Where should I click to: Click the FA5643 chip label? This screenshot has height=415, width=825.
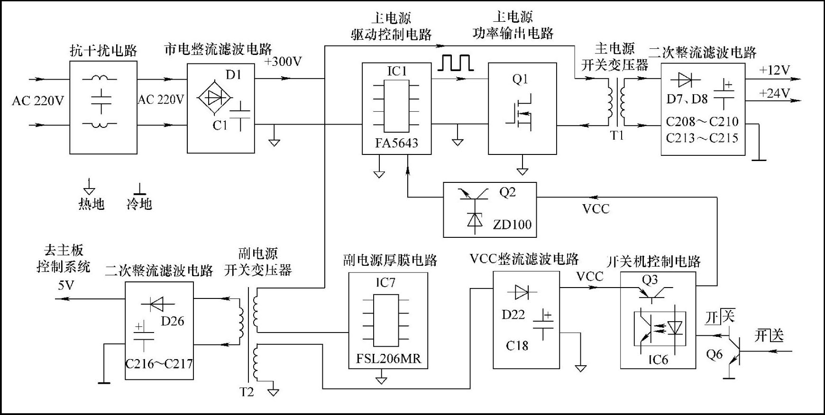point(396,143)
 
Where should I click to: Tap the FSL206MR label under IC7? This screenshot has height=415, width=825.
point(388,359)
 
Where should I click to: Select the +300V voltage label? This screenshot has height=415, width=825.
point(283,62)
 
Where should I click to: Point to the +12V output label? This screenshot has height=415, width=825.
point(774,71)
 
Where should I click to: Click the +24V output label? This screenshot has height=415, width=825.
point(774,93)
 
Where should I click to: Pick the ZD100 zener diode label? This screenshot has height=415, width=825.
point(512,224)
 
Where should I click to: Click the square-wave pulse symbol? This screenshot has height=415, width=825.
point(455,63)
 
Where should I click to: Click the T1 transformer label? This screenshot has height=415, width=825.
point(617,136)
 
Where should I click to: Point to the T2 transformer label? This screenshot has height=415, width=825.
point(247,392)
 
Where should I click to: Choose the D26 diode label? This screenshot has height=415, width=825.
point(172,321)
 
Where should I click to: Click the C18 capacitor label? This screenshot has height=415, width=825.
point(517,346)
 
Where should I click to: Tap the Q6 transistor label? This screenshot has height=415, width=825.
point(714,354)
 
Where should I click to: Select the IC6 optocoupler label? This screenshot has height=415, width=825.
point(658,360)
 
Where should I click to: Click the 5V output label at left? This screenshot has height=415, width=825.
point(66,285)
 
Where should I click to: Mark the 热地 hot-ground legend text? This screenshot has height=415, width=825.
point(91,204)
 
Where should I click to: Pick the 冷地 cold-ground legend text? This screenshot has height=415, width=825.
point(139,204)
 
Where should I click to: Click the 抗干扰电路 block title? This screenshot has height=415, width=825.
point(103,51)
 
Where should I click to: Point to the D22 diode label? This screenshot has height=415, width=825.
point(513,315)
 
